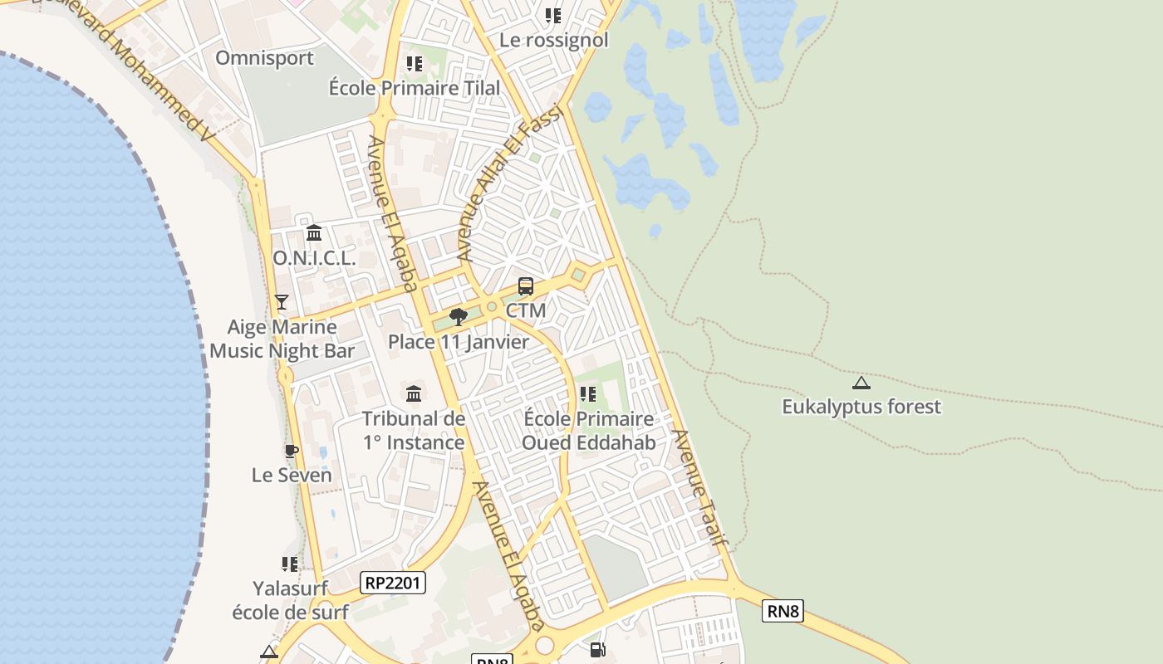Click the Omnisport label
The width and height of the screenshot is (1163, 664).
point(264,58)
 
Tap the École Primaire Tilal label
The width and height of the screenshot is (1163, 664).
point(415,88)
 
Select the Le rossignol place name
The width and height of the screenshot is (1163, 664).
point(553,40)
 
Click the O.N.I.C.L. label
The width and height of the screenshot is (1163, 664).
point(314,258)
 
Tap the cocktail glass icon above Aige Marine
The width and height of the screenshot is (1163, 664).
point(282,302)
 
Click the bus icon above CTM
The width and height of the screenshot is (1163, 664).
point(526,286)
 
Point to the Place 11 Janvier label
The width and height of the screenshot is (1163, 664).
point(458,342)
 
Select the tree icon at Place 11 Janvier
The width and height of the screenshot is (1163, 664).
point(458,316)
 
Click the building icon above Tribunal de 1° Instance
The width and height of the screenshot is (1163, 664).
point(414,393)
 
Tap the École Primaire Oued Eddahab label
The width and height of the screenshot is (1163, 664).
point(588,431)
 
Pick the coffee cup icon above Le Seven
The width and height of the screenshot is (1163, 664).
point(292,452)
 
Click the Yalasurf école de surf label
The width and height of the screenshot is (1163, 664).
point(290,601)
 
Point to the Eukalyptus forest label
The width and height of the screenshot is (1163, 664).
point(861,407)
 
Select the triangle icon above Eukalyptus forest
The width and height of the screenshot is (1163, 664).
point(861,383)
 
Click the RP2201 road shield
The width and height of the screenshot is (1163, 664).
point(394,583)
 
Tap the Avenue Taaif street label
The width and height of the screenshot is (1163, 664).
point(699,488)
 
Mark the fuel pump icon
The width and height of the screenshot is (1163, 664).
point(597,650)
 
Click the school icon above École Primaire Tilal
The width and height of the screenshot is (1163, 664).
point(415,64)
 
